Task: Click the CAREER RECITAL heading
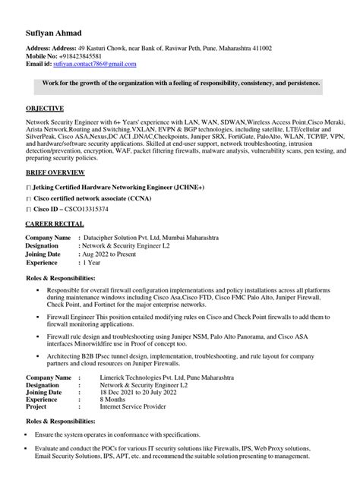tap(58, 226)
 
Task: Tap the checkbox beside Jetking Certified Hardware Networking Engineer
tap(28, 186)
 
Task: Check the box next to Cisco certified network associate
tap(28, 197)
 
